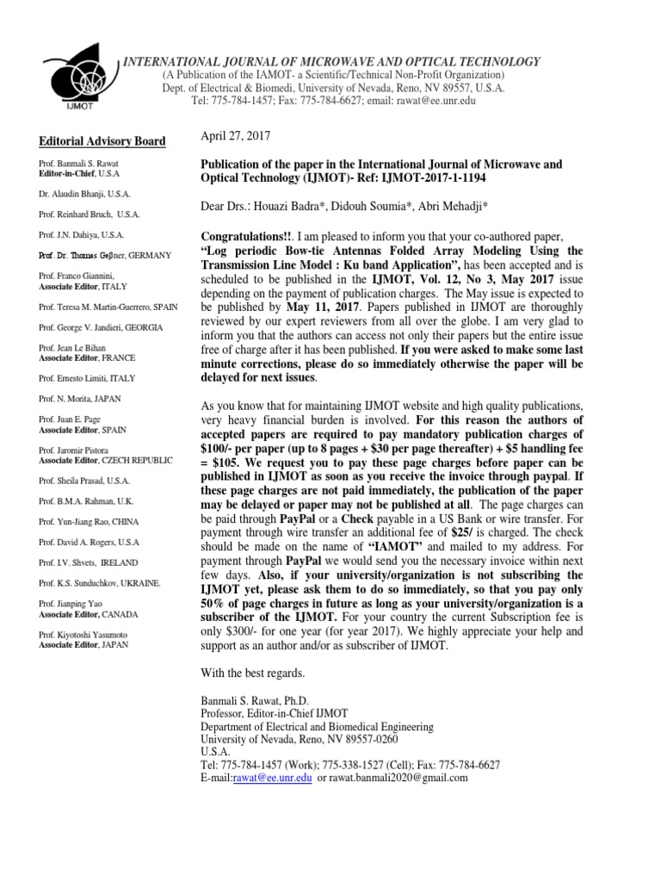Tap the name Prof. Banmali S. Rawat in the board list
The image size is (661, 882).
pyautogui.click(x=78, y=163)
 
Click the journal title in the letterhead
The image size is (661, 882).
pyautogui.click(x=333, y=61)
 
